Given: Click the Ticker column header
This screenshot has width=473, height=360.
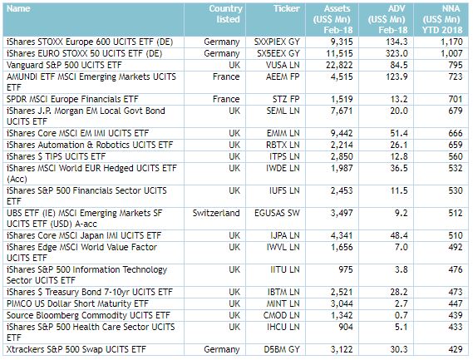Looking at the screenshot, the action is pyautogui.click(x=286, y=8).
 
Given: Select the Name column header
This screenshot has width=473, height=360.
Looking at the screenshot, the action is pyautogui.click(x=18, y=8).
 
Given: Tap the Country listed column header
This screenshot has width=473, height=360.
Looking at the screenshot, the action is pyautogui.click(x=225, y=14).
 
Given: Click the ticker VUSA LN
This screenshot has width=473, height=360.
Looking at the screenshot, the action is pyautogui.click(x=283, y=65).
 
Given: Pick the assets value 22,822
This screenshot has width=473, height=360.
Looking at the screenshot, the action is pyautogui.click(x=339, y=65).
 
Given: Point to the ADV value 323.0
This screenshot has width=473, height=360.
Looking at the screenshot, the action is pyautogui.click(x=396, y=53).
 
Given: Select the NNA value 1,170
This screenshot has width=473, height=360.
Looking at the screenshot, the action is pyautogui.click(x=451, y=42).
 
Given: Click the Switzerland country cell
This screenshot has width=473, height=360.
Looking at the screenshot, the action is pyautogui.click(x=216, y=213).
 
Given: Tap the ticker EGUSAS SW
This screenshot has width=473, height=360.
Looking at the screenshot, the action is pyautogui.click(x=277, y=213).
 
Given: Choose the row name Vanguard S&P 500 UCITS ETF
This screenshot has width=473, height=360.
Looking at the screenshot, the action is pyautogui.click(x=64, y=65).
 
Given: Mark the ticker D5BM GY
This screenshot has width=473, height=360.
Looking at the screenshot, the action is pyautogui.click(x=282, y=349).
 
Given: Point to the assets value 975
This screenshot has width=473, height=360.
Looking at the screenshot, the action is pyautogui.click(x=345, y=269).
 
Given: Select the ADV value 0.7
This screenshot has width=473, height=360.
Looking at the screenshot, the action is pyautogui.click(x=401, y=315).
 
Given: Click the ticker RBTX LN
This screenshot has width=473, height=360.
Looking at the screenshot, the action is pyautogui.click(x=283, y=145).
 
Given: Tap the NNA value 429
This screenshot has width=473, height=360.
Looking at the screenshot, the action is pyautogui.click(x=456, y=349).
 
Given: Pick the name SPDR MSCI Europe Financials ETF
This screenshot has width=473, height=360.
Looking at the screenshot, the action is pyautogui.click(x=72, y=99).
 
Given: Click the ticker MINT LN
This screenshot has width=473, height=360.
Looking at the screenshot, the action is pyautogui.click(x=283, y=303).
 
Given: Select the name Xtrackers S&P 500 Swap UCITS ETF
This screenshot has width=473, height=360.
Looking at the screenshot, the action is pyautogui.click(x=76, y=349).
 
